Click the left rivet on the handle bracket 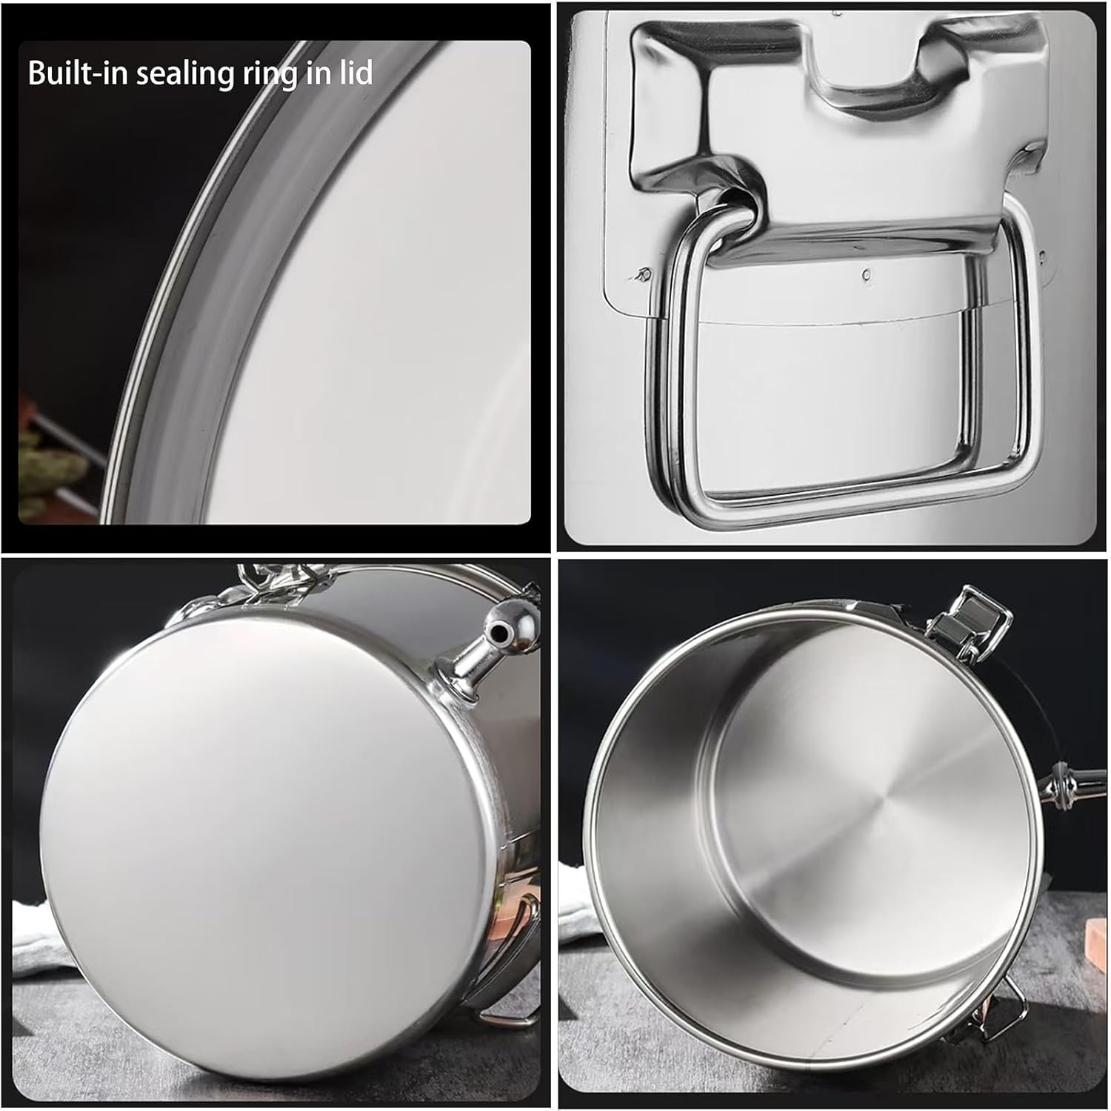click(644, 275)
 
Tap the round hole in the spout click(501, 631)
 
